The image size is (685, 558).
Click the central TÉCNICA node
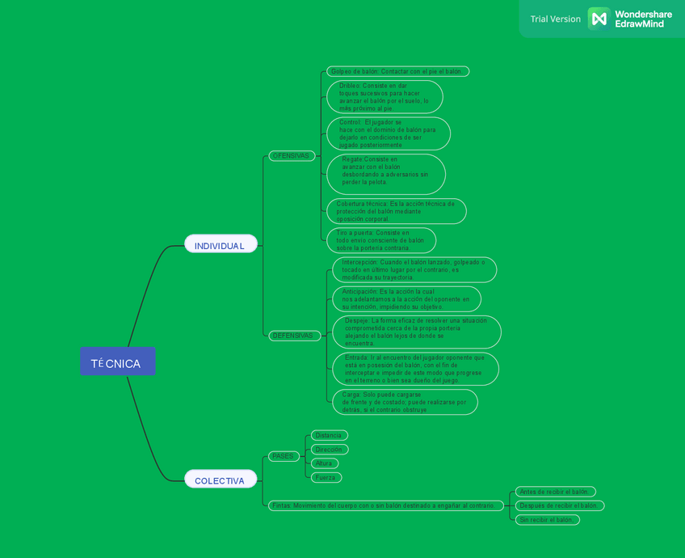pyautogui.click(x=117, y=361)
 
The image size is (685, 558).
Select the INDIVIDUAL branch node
pyautogui.click(x=220, y=244)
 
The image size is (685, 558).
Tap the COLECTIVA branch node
pyautogui.click(x=220, y=480)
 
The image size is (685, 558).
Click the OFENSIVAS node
pyautogui.click(x=291, y=155)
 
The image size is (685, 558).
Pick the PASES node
pyautogui.click(x=283, y=456)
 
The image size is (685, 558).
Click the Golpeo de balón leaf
pyautogui.click(x=397, y=71)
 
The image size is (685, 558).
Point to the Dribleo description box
pyautogui.click(x=385, y=96)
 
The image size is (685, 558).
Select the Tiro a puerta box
pyautogui.click(x=380, y=240)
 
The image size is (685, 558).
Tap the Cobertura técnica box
pyautogui.click(x=396, y=211)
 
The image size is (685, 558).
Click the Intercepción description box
pyautogui.click(x=414, y=269)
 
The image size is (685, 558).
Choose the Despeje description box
pyautogui.click(x=416, y=332)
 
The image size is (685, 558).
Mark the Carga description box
pyautogui.click(x=404, y=402)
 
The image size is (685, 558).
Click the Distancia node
pyautogui.click(x=329, y=435)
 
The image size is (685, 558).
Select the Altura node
pyautogui.click(x=324, y=463)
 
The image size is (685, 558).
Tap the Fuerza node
pyautogui.click(x=326, y=477)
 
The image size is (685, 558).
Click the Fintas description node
pyautogui.click(x=384, y=505)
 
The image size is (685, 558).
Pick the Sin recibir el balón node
pyautogui.click(x=547, y=519)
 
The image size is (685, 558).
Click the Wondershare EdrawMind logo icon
pyautogui.click(x=598, y=18)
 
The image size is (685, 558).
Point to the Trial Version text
pyautogui.click(x=555, y=19)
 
